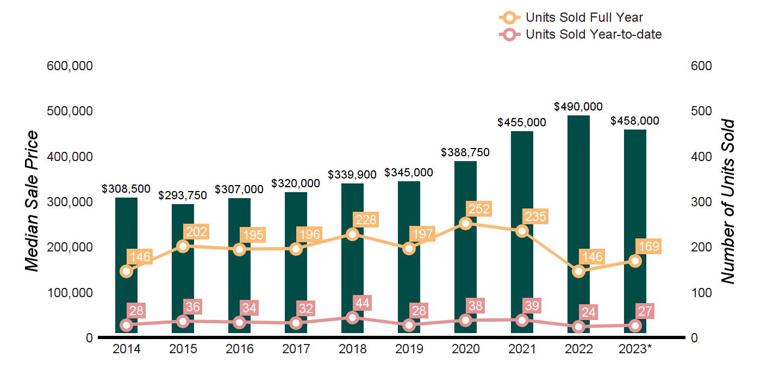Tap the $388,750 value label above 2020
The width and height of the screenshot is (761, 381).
click(x=465, y=153)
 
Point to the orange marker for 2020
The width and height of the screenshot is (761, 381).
click(x=465, y=223)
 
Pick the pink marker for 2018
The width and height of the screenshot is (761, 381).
click(x=352, y=317)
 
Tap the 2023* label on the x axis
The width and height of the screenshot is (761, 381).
click(x=635, y=349)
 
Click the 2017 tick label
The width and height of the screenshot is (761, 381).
click(x=296, y=349)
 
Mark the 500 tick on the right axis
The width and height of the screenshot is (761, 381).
click(x=701, y=111)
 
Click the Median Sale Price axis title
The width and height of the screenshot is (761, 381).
click(x=33, y=201)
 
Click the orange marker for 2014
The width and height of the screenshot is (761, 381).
click(x=126, y=271)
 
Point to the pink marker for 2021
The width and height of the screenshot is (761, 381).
click(x=522, y=320)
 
